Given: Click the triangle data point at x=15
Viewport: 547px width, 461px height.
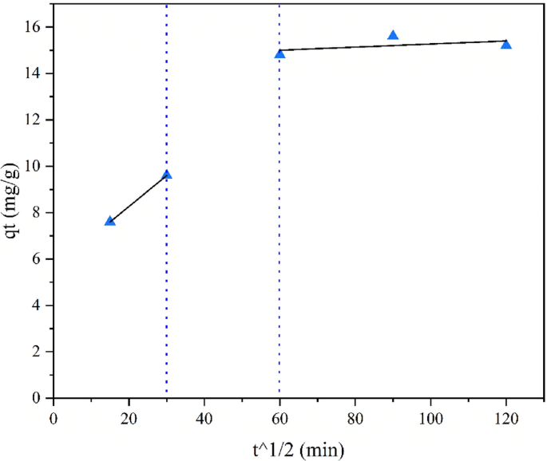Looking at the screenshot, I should pyautogui.click(x=110, y=221).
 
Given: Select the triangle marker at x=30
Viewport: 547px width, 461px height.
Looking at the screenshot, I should pyautogui.click(x=167, y=175).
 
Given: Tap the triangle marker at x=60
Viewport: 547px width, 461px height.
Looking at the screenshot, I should pyautogui.click(x=279, y=54).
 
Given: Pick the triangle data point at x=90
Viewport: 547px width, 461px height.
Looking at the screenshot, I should pyautogui.click(x=393, y=36).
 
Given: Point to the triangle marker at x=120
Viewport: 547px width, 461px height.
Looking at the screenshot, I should pyautogui.click(x=506, y=45).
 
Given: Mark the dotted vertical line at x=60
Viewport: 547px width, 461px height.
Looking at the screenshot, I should pyautogui.click(x=279, y=239).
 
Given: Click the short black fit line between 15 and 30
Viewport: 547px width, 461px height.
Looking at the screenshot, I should pyautogui.click(x=138, y=198).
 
